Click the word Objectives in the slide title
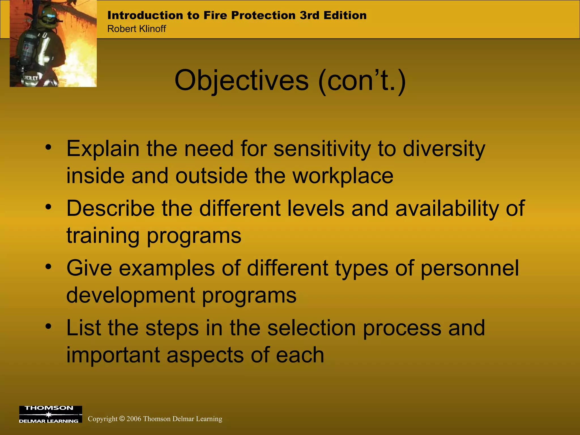click(x=241, y=81)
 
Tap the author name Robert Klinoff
click(x=137, y=29)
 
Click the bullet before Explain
click(x=48, y=147)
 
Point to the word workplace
click(x=343, y=176)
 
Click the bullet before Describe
click(x=48, y=207)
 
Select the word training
click(x=103, y=236)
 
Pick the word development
click(x=131, y=295)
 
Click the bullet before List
click(x=48, y=327)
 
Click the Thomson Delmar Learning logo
click(x=50, y=414)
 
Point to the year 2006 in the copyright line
click(x=134, y=419)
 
